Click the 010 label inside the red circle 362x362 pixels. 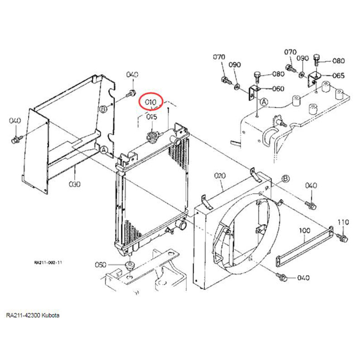point(150,102)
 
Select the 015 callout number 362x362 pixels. point(151,117)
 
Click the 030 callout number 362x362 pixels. point(74,184)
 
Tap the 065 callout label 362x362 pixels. point(338,76)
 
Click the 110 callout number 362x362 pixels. point(343,222)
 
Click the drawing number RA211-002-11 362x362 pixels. point(48,262)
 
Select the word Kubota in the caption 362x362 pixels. point(51,315)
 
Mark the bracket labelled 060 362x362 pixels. point(253,92)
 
